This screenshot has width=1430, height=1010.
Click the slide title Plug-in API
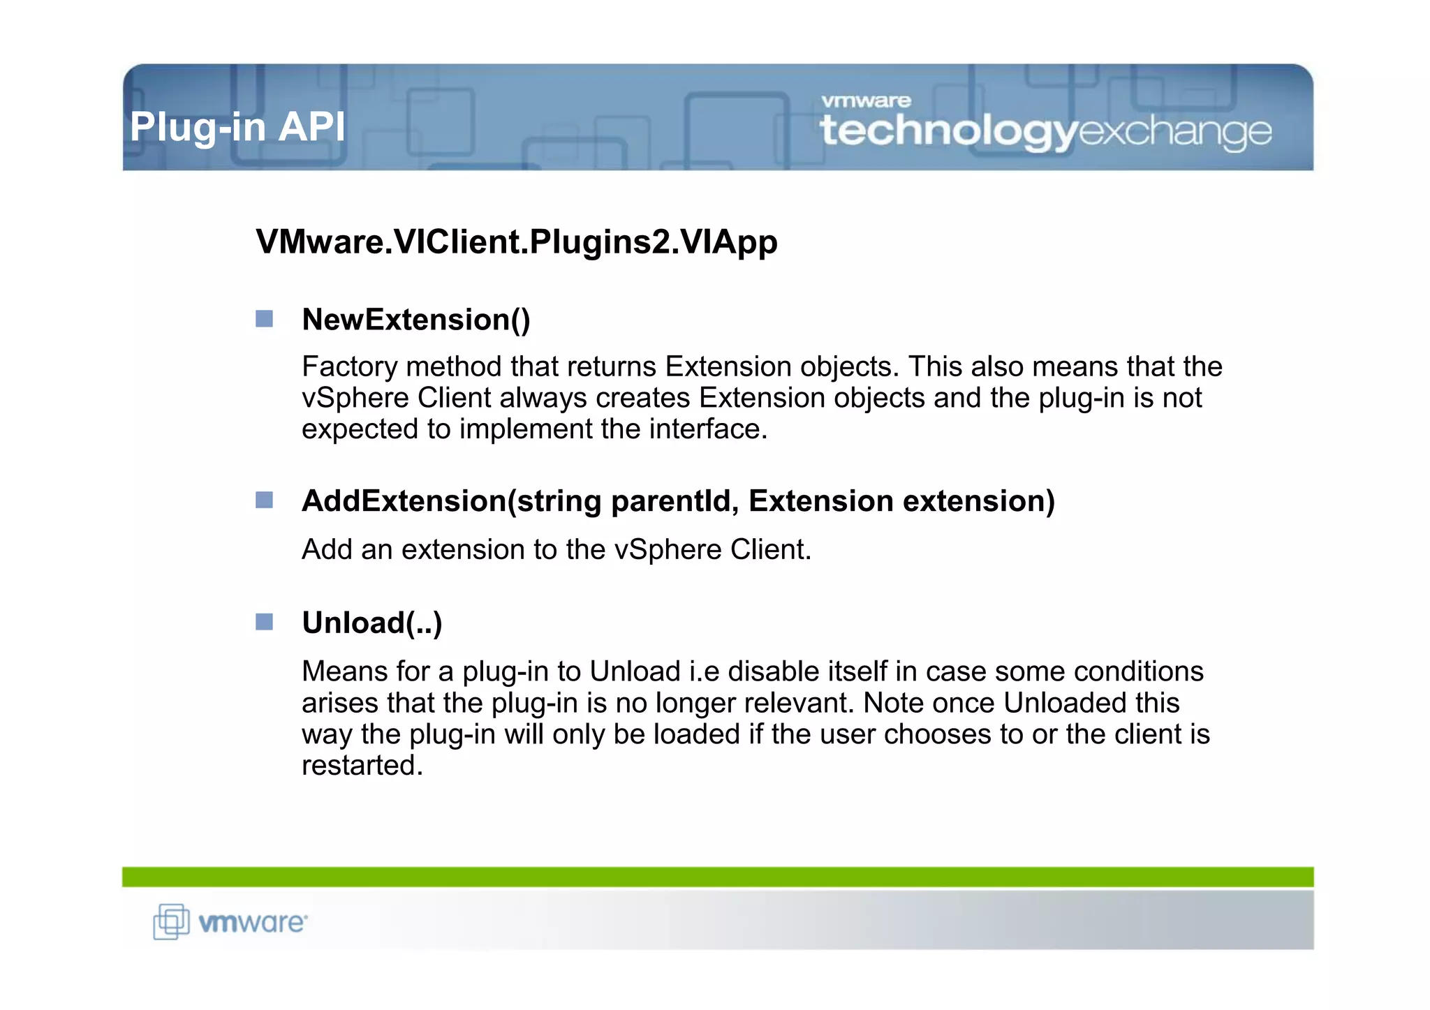pos(237,127)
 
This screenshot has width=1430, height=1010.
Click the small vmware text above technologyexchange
pos(866,101)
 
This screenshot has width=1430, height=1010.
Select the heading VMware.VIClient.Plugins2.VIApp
pos(517,242)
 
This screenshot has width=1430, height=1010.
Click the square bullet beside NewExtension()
pos(264,319)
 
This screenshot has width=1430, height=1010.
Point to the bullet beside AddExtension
pos(264,500)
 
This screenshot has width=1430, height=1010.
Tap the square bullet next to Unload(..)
pos(264,621)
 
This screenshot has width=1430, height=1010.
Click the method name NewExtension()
pos(416,320)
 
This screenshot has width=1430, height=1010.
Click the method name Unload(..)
pos(372,623)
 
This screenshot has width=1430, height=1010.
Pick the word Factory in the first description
pos(343,366)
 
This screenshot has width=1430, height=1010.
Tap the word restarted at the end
pos(362,766)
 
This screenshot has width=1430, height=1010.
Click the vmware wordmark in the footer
pos(252,923)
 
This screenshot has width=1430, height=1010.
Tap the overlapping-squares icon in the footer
pos(171,921)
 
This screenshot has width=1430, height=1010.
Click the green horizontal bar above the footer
pos(718,877)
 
